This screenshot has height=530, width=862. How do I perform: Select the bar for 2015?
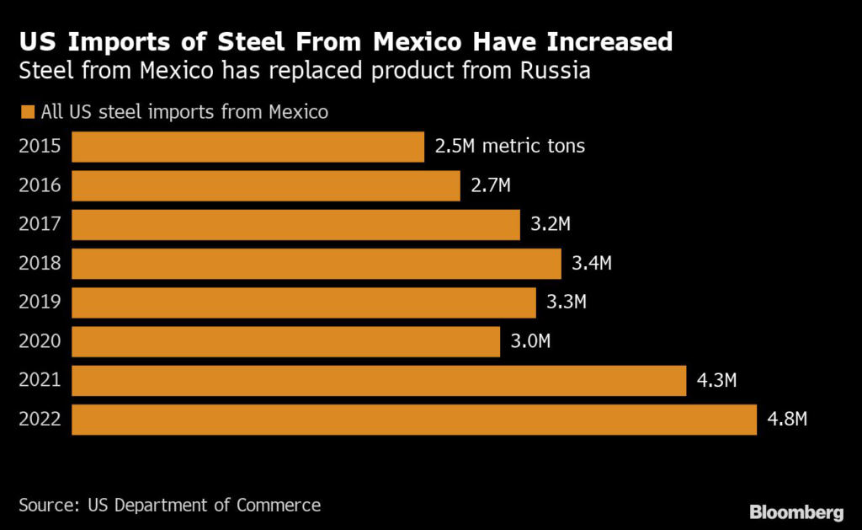click(247, 147)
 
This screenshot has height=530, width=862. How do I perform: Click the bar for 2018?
click(317, 264)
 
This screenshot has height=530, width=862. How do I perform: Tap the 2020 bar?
click(285, 341)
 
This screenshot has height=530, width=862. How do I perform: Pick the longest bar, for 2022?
click(414, 420)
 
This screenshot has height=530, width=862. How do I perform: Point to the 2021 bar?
click(379, 381)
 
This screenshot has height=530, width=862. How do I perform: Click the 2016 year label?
click(40, 185)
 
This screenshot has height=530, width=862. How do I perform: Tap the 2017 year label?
click(40, 225)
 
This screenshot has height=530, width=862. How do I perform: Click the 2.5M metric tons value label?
click(509, 147)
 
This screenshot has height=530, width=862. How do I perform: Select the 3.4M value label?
click(592, 264)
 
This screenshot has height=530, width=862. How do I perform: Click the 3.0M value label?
click(530, 341)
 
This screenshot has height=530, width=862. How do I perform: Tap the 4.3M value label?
click(717, 381)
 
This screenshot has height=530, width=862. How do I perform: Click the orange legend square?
click(26, 112)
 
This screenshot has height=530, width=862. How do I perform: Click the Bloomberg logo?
click(796, 511)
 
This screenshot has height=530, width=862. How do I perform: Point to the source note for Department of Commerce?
click(169, 506)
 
